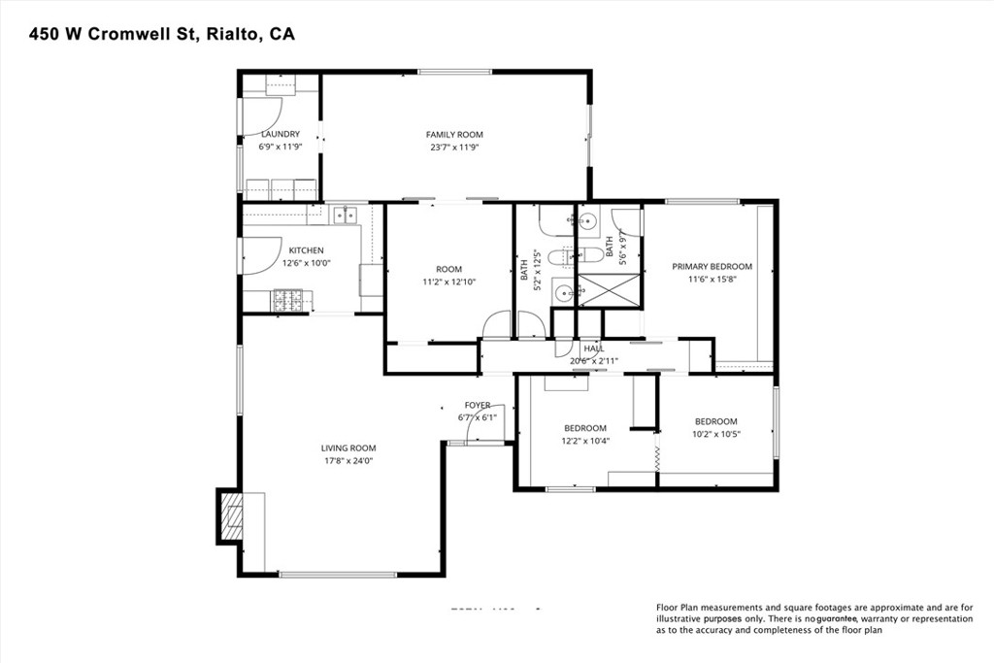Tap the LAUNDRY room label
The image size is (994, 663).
coord(279,134)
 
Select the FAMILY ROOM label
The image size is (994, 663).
coord(454,135)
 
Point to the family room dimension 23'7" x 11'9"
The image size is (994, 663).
coord(454,148)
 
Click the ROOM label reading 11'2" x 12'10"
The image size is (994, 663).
coord(448,269)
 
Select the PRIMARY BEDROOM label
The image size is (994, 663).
coord(712,266)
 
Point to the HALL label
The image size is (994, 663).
coord(593,348)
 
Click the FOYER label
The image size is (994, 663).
coord(477,405)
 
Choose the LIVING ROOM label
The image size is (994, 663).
coord(348,448)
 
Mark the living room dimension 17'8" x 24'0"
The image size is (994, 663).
coord(348,461)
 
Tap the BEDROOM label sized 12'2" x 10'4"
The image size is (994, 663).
coord(585,428)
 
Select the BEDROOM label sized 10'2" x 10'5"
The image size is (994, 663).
coord(715,421)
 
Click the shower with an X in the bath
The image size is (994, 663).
coord(609,289)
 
